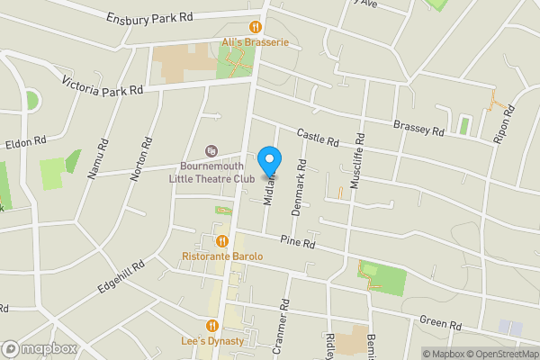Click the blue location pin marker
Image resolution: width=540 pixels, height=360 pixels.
(x=268, y=162)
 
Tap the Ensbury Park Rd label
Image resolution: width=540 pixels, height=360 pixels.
(x=149, y=18)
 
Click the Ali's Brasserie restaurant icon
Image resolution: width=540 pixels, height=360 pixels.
(x=256, y=28)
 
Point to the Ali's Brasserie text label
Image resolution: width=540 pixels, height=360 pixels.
(x=254, y=42)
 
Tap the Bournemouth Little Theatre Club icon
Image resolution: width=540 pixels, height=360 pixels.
(x=211, y=151)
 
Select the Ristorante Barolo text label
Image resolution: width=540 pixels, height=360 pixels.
(x=222, y=256)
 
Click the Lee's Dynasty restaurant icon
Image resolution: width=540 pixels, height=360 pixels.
(x=212, y=326)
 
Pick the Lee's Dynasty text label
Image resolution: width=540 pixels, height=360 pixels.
(x=213, y=342)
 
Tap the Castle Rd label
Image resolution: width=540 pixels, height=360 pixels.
(x=317, y=138)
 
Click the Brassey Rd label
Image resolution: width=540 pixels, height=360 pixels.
(x=418, y=127)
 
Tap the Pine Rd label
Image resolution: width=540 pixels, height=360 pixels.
(x=297, y=242)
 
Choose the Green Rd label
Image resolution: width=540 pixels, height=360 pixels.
(x=441, y=322)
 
